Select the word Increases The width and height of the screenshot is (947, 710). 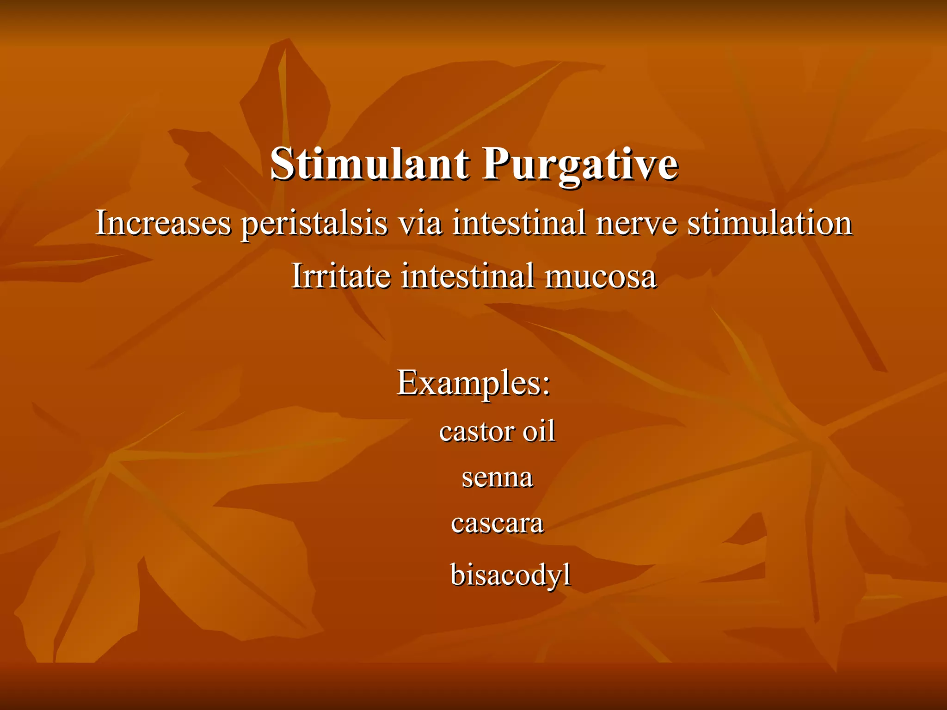click(x=163, y=223)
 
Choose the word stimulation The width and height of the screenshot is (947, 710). click(x=769, y=223)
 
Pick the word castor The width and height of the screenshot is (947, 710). click(x=477, y=432)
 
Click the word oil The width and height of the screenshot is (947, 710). click(x=539, y=431)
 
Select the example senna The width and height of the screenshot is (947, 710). click(x=497, y=478)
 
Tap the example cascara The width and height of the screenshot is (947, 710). click(x=497, y=524)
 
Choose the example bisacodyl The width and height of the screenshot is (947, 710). click(x=510, y=575)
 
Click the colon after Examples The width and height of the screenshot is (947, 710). click(x=546, y=386)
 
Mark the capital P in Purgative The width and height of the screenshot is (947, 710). click(x=495, y=164)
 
